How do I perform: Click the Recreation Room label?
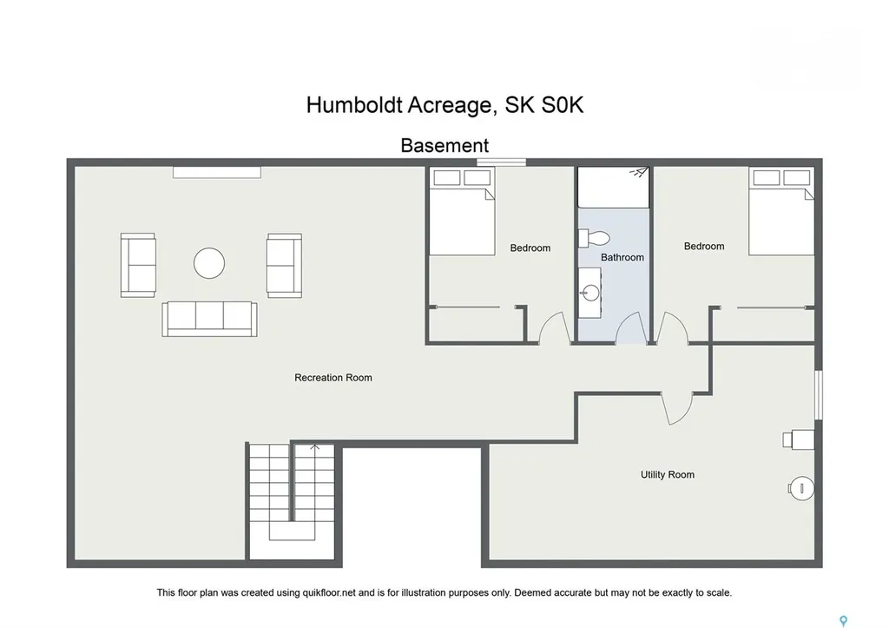click(x=333, y=378)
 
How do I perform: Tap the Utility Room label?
click(x=667, y=475)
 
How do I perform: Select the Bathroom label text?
click(x=622, y=257)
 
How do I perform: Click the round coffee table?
click(x=209, y=263)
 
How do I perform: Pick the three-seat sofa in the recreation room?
click(x=207, y=318)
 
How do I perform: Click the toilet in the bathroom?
click(x=596, y=237)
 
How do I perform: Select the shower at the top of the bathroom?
click(x=614, y=188)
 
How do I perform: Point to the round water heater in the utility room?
click(x=801, y=489)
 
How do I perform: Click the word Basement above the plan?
click(x=444, y=146)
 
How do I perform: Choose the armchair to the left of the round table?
click(x=138, y=265)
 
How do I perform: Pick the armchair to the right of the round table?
click(x=284, y=265)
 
